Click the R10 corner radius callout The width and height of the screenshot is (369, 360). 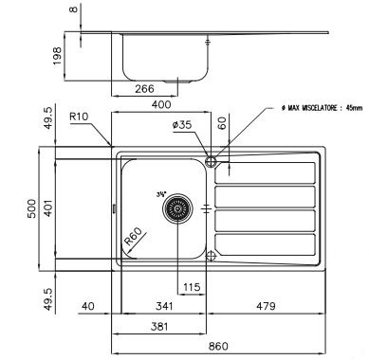(x=82, y=118)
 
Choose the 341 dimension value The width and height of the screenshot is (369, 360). (x=163, y=306)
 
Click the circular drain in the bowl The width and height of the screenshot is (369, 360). (x=176, y=208)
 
